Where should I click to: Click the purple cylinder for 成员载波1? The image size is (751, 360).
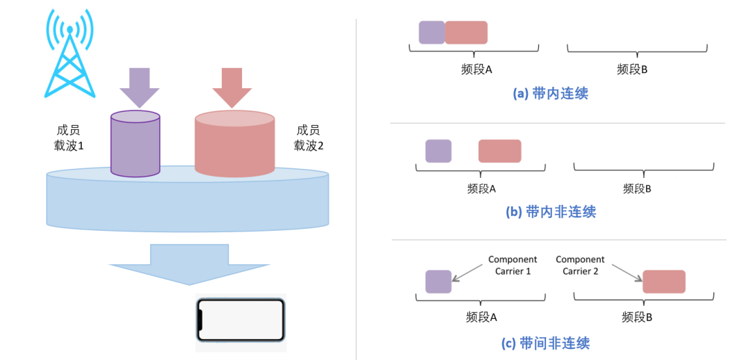136,144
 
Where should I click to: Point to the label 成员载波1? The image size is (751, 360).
70,138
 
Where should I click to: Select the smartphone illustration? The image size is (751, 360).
241,320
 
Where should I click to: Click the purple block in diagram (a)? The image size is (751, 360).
431,33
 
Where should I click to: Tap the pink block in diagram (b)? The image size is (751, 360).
499,151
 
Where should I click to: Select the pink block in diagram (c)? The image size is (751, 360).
663,281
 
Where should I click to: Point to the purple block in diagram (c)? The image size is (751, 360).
438,281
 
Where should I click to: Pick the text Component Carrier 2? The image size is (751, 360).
580,265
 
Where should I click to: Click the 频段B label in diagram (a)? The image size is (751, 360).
633,69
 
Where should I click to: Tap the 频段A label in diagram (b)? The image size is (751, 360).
482,188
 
